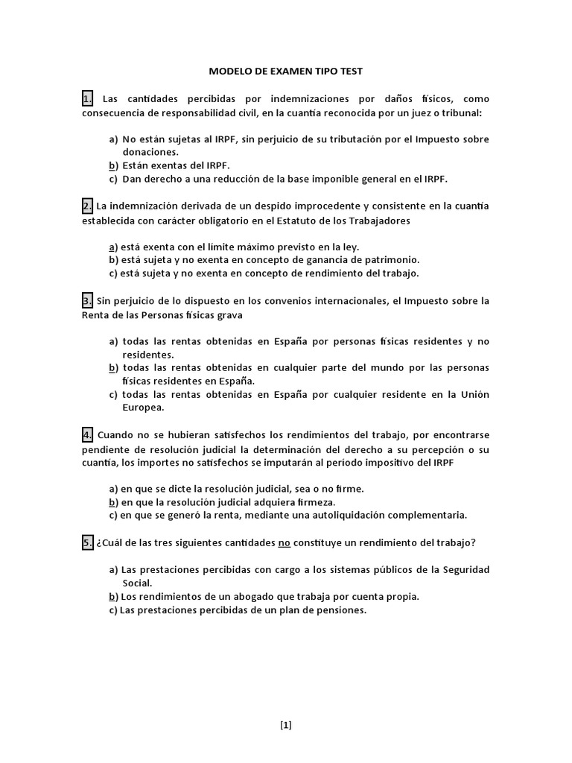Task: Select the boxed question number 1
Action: coord(88,98)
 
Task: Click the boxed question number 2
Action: coord(88,206)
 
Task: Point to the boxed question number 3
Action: coord(88,301)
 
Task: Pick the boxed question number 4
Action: coord(88,434)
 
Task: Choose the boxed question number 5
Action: coord(88,543)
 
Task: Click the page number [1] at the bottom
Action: coord(286,724)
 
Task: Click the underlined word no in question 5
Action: coord(284,543)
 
